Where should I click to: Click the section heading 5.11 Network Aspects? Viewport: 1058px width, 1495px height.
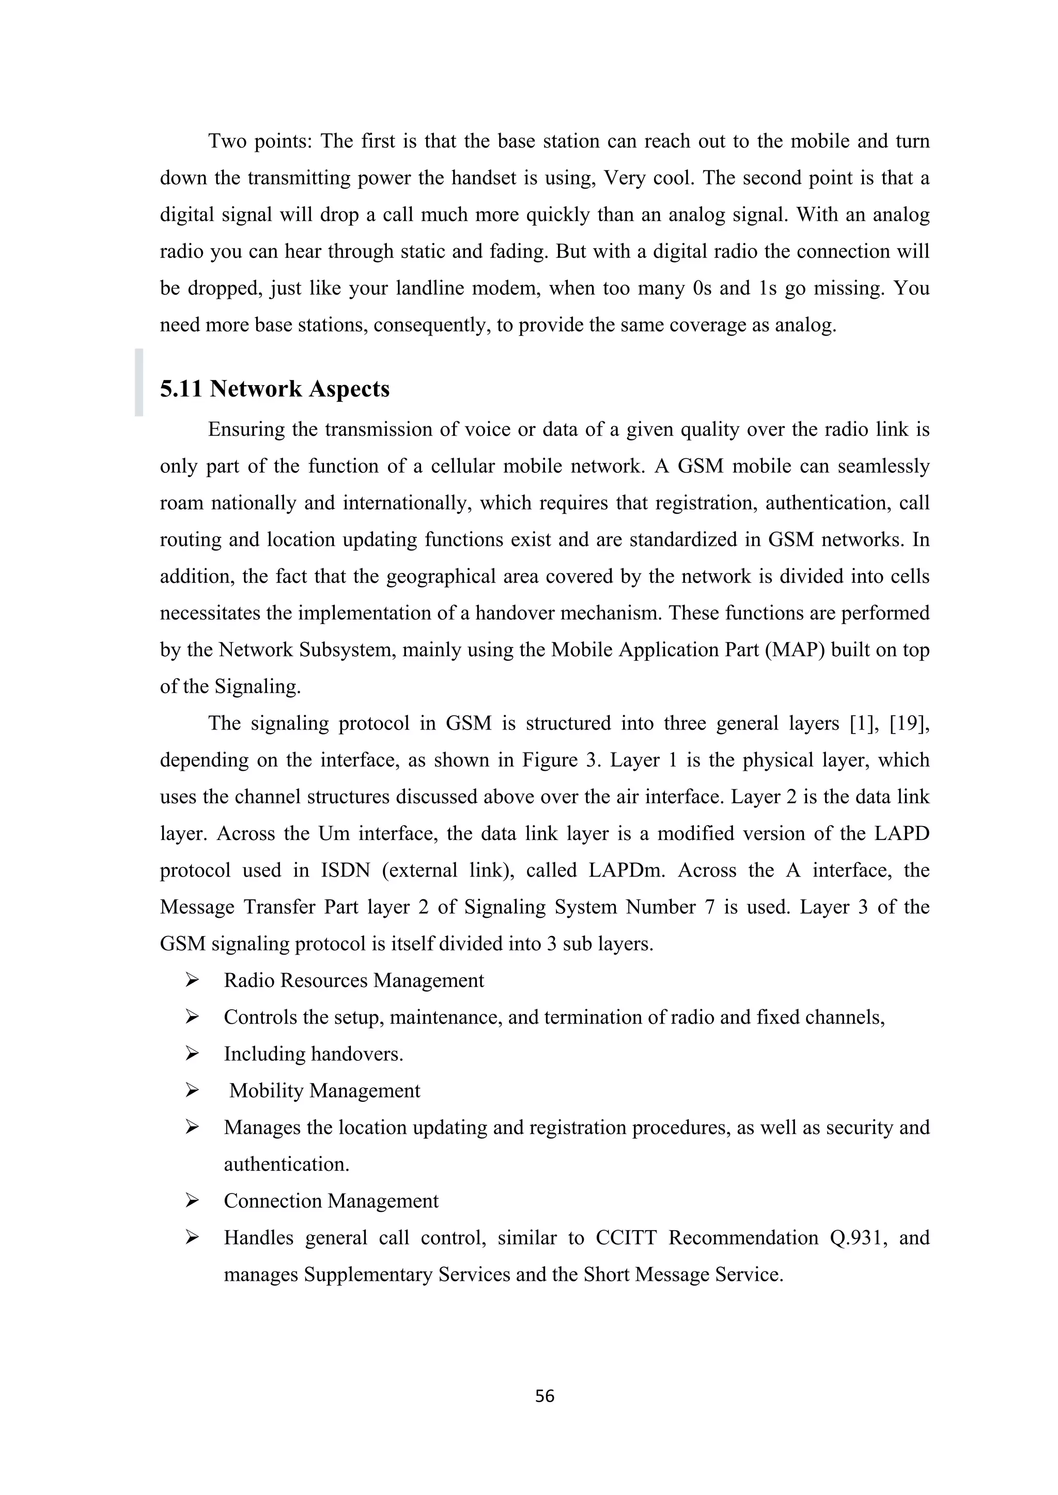[274, 389]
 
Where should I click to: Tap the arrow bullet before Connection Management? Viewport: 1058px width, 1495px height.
[192, 1200]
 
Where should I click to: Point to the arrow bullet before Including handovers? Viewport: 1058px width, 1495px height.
[192, 1054]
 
